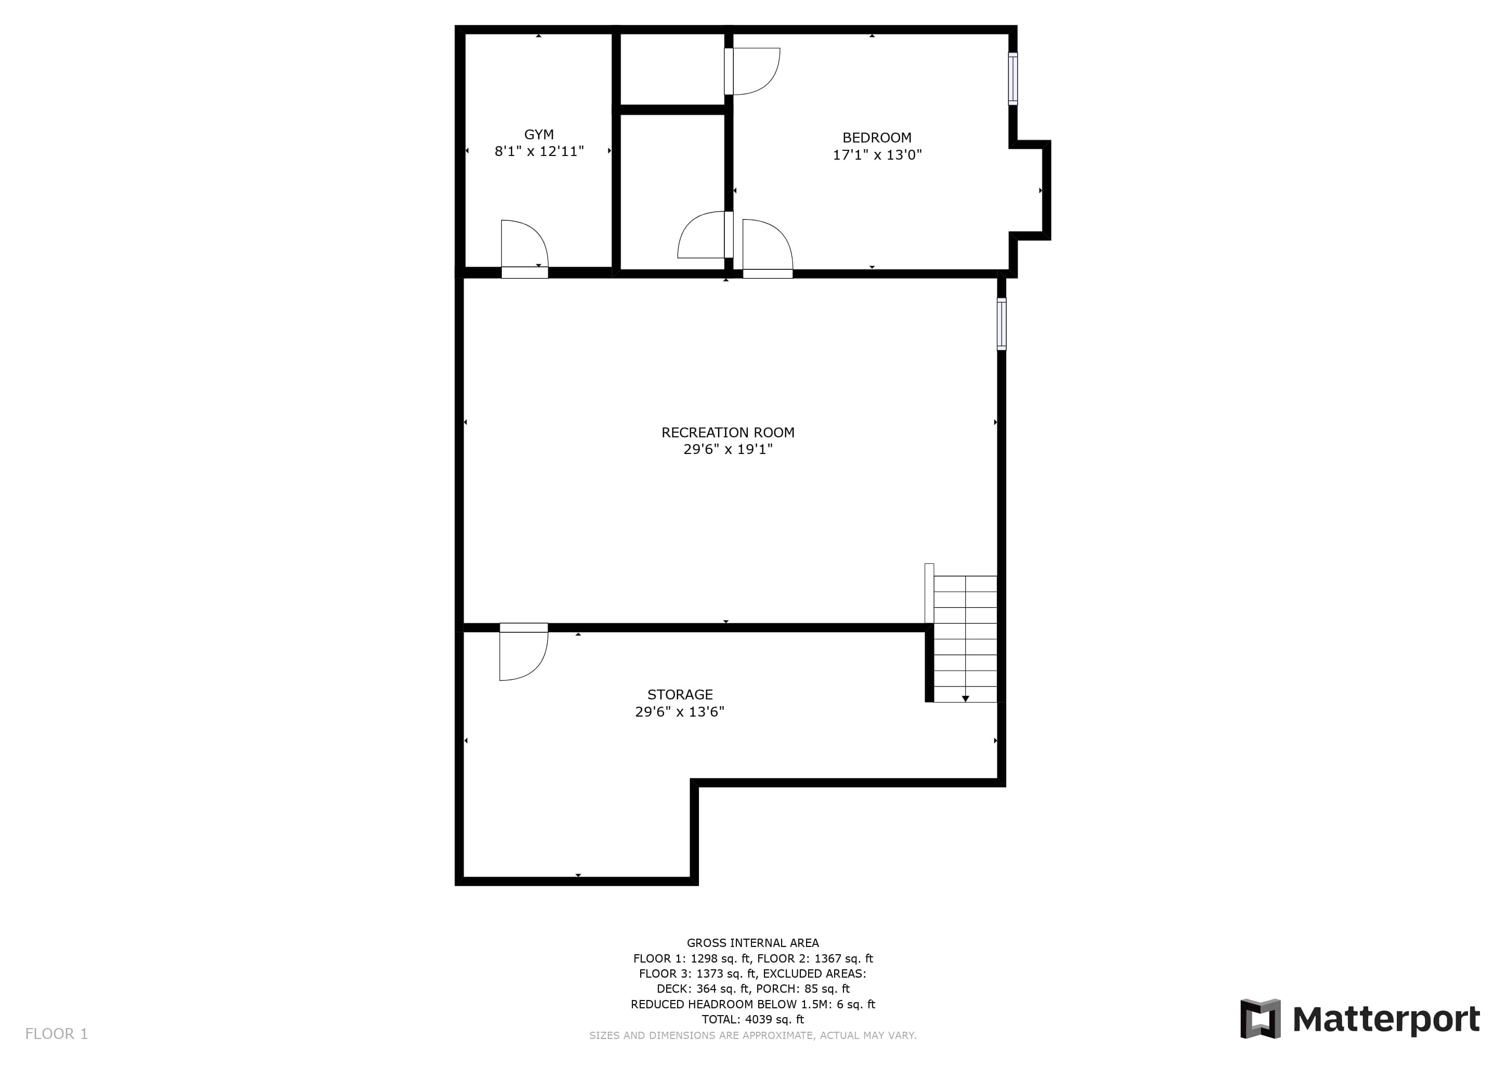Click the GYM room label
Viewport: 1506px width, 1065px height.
(x=539, y=135)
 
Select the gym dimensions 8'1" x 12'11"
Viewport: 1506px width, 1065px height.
(x=539, y=151)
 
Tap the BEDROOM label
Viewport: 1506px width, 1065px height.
(x=877, y=138)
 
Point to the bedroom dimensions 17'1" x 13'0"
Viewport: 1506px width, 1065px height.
(x=877, y=155)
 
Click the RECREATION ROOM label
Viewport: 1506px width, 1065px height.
(x=728, y=433)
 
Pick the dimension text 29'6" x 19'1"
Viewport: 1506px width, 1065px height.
(x=728, y=449)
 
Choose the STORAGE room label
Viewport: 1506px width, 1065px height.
(x=680, y=694)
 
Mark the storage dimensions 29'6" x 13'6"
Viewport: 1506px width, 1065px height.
(x=680, y=711)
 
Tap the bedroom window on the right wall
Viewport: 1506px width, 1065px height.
(x=1012, y=79)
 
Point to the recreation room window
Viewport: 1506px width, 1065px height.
(x=1002, y=324)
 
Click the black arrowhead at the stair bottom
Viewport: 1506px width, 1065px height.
(x=966, y=699)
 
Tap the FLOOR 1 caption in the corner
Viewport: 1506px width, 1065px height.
(x=56, y=1034)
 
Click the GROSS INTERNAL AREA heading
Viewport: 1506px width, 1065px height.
(x=753, y=943)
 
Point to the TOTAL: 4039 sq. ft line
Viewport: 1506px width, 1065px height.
(x=753, y=1020)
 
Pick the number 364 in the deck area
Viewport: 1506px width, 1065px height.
(x=706, y=989)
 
